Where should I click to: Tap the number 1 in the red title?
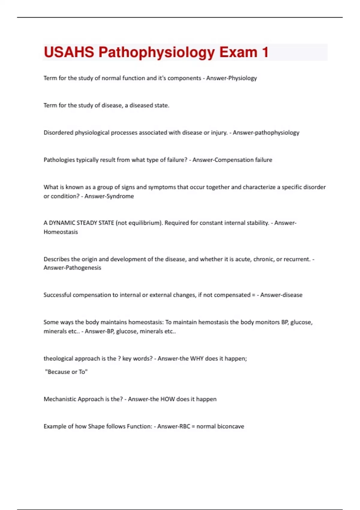[x=265, y=52]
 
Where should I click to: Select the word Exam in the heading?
[x=238, y=52]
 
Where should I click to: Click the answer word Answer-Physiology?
[x=231, y=78]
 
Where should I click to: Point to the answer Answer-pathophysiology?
[x=266, y=133]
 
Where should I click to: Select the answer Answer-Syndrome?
[x=109, y=196]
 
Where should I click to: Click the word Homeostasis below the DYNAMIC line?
[x=61, y=232]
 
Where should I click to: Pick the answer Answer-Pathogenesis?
[x=72, y=268]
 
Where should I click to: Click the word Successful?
[x=57, y=295]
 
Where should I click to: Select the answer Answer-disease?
[x=281, y=295]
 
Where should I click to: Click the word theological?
[x=58, y=358]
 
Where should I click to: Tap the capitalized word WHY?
[x=197, y=358]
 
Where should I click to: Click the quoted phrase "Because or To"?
[x=66, y=372]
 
